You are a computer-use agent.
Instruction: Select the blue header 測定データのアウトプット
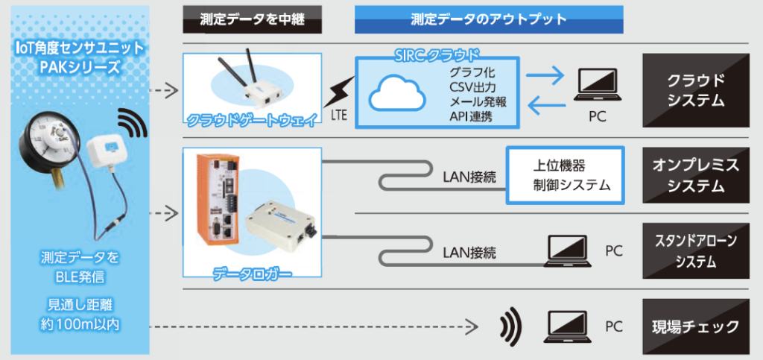(x=488, y=19)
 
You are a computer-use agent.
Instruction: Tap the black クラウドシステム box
(x=695, y=89)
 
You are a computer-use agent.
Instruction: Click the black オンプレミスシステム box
(x=695, y=174)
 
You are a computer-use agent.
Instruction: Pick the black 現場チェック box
(x=695, y=326)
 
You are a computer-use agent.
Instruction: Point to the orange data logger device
(x=218, y=200)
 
